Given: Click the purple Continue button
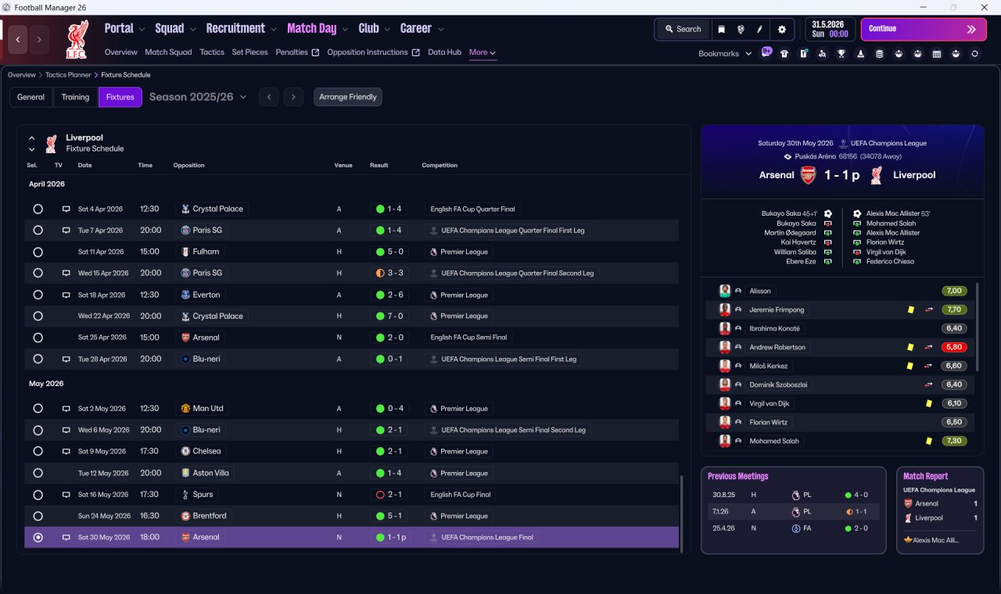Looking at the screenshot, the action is [x=924, y=29].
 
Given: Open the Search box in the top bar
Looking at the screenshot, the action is [x=683, y=29].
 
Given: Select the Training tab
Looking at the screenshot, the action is [x=75, y=97].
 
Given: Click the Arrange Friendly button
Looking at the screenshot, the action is [x=348, y=97].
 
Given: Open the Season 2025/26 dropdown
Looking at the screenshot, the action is [x=198, y=97].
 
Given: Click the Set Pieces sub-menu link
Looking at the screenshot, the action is [x=249, y=52].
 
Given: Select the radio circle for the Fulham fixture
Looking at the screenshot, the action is [x=38, y=252].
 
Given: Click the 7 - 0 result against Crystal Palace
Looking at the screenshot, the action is [x=395, y=316].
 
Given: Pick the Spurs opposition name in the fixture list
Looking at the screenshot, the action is [x=203, y=495].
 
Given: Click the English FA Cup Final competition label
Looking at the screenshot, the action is [x=461, y=495].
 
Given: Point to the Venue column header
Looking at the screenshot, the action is [x=343, y=165].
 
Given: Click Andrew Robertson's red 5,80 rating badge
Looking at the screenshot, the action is [x=953, y=347].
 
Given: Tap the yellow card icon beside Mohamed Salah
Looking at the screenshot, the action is [x=928, y=441].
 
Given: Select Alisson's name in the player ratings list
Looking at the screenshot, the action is [x=759, y=291].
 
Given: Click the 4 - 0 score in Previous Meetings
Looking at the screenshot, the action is [x=861, y=495].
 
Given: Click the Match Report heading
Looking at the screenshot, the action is [x=925, y=476].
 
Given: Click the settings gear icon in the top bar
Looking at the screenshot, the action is [x=781, y=30].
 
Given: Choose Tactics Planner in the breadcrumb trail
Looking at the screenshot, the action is [x=68, y=74].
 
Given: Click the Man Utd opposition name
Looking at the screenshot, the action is [x=208, y=408].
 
